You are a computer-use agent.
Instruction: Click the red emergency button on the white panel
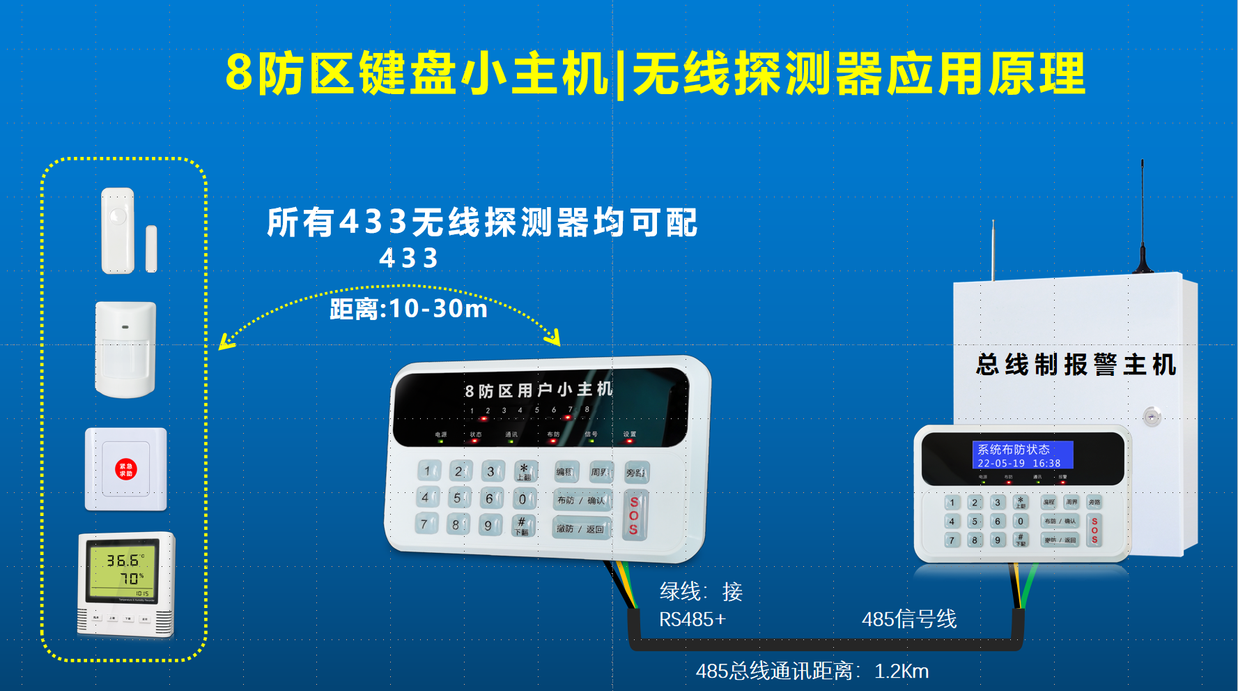[126, 469]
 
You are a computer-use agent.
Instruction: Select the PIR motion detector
[125, 349]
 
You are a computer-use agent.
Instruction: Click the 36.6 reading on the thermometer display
[123, 561]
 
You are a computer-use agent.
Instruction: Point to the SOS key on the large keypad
[634, 515]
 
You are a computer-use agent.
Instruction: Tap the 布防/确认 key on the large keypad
[581, 500]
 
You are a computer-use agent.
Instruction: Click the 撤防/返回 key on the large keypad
[580, 529]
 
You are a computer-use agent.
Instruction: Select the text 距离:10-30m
[409, 308]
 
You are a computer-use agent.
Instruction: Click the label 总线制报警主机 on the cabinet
[1076, 365]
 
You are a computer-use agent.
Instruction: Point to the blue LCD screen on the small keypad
[1022, 455]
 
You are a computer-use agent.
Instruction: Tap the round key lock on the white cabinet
[1152, 416]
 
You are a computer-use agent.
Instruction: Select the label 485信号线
[909, 618]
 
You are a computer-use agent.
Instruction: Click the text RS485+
[692, 619]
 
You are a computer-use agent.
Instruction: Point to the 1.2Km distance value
[902, 671]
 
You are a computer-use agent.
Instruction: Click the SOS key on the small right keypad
[1094, 530]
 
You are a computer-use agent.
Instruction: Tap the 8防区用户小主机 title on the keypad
[539, 390]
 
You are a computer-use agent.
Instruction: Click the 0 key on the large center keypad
[523, 499]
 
